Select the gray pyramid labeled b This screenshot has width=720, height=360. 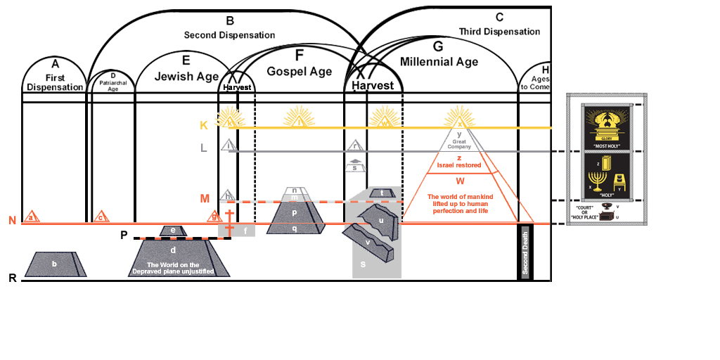56,264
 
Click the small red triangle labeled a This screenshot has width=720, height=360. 31,218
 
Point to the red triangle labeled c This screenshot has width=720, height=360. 101,217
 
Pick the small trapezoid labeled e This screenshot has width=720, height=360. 172,231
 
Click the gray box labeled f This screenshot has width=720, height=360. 245,230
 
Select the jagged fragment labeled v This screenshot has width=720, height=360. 368,242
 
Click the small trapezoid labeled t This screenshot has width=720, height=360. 382,193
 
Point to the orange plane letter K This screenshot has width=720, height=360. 204,126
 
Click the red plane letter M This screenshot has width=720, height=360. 205,198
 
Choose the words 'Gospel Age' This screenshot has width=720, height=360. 299,71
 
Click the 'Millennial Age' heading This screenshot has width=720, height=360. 439,62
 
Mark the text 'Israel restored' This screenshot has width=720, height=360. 458,166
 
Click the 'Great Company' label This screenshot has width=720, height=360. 459,143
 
